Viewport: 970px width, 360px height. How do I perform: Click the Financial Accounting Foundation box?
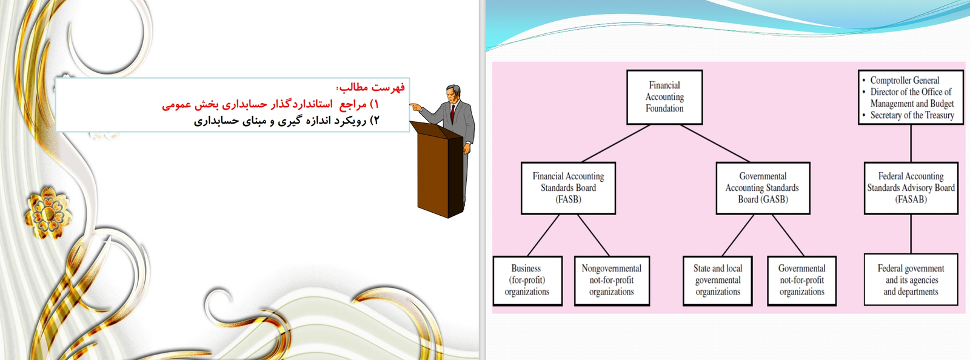(x=664, y=98)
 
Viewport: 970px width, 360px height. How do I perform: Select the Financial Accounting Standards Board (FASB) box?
(x=568, y=188)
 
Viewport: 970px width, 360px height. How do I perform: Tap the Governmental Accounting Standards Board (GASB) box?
(x=763, y=188)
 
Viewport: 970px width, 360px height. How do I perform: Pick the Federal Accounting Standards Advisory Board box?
(x=911, y=188)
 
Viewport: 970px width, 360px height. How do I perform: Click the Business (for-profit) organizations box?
(x=527, y=281)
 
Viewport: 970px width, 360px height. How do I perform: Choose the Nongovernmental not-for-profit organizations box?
(x=612, y=281)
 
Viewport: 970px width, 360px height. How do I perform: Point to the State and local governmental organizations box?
(x=718, y=281)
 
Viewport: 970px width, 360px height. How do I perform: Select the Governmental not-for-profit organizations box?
(x=801, y=281)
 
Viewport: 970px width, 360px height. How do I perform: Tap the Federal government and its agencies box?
(x=911, y=280)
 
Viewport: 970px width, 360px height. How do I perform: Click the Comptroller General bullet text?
(x=905, y=81)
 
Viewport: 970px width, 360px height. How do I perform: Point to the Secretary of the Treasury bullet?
(x=912, y=115)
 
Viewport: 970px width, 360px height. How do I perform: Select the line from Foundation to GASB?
(x=715, y=144)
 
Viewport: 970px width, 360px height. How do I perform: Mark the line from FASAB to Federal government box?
(x=911, y=234)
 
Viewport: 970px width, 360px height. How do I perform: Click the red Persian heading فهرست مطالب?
(x=372, y=87)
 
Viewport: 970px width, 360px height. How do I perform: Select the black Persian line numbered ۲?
(x=287, y=121)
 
